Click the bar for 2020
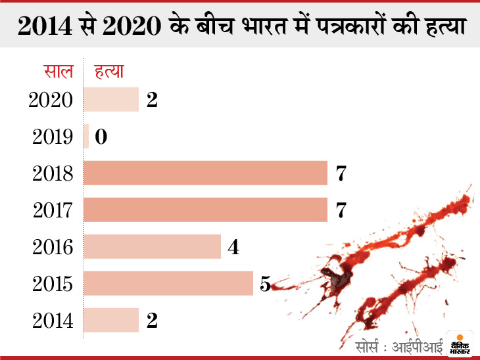(112, 99)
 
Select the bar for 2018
(206, 173)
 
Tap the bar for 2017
(206, 210)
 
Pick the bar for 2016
(153, 246)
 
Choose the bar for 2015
(169, 283)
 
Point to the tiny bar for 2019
(87, 136)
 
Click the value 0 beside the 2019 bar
(101, 137)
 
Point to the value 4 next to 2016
(232, 247)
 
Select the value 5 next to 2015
(265, 284)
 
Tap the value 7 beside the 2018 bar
(340, 173)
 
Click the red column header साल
(59, 71)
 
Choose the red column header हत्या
(110, 71)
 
